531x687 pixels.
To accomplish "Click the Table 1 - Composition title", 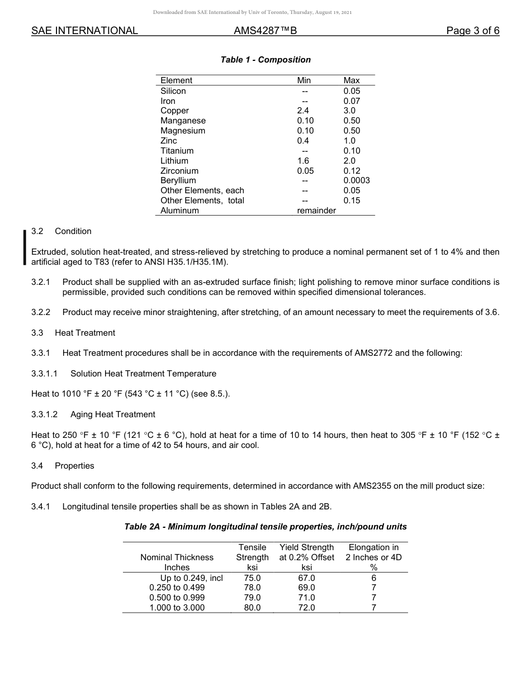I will click(265, 60).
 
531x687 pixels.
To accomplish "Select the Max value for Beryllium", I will click(357, 180).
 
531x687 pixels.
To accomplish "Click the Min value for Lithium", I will click(303, 161).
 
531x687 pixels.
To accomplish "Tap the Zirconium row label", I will click(179, 171).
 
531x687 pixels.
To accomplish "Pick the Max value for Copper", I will click(349, 111).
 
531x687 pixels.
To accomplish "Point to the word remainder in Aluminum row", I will click(316, 211).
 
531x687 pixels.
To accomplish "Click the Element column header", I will click(176, 80).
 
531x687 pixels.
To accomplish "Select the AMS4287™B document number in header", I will click(265, 31).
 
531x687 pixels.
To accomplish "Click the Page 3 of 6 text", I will click(472, 31).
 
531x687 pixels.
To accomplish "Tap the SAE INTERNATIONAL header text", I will click(84, 31).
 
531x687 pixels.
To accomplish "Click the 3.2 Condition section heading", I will click(61, 231).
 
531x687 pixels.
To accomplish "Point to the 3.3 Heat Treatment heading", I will click(73, 333).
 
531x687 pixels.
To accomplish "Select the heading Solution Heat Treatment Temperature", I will click(143, 374).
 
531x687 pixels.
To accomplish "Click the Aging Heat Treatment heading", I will click(112, 414).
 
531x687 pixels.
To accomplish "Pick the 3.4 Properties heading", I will click(63, 466).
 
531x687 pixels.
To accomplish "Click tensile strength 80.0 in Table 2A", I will click(252, 608).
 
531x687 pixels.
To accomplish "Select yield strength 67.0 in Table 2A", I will click(306, 578).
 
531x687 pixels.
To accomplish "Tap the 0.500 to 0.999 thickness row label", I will click(177, 598).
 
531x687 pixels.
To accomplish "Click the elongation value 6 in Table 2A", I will click(374, 578).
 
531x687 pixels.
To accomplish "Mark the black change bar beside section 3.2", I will click(25, 246).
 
